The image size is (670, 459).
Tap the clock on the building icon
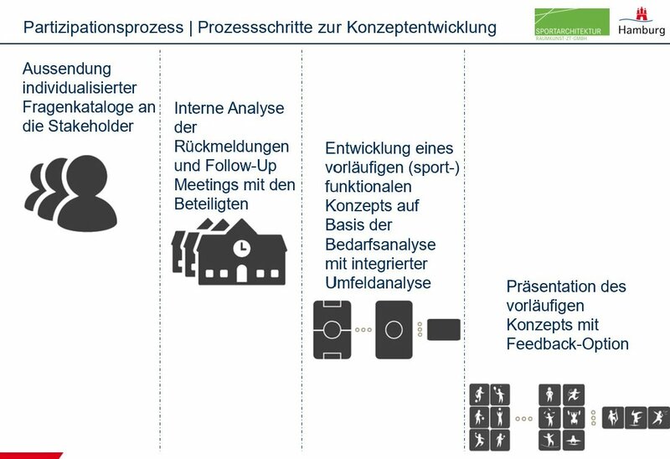coord(240,248)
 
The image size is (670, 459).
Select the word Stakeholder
coord(90,126)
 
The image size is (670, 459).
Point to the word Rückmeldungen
coord(231,146)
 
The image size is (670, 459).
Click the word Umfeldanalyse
coord(378,283)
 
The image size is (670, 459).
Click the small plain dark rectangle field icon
coord(443,329)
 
